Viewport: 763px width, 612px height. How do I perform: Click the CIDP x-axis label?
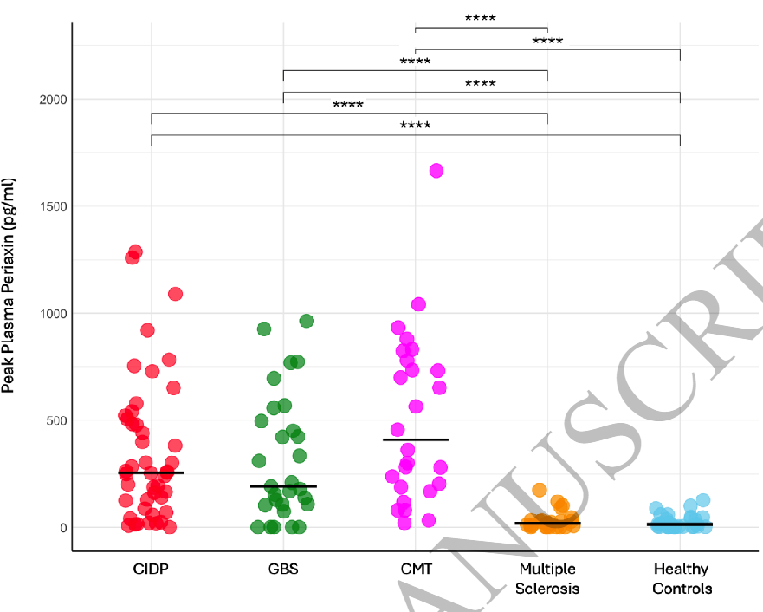(152, 570)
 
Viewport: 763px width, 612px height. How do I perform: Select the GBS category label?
(283, 570)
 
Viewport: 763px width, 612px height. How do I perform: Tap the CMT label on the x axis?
(416, 570)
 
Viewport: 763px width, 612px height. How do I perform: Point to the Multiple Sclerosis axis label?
(548, 578)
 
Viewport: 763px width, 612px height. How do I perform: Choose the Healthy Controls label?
(681, 578)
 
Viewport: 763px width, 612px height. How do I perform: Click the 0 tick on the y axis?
(61, 527)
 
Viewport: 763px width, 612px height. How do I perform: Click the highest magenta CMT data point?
(436, 171)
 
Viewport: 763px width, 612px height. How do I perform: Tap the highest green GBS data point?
(306, 321)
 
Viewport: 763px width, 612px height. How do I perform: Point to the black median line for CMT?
(416, 439)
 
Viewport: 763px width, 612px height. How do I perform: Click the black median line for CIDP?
(152, 472)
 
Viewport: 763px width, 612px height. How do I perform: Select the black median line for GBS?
(283, 486)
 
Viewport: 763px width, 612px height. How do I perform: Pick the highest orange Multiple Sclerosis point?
(540, 490)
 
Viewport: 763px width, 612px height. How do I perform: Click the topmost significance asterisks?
(481, 17)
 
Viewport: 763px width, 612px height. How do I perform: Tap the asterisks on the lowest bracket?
(416, 126)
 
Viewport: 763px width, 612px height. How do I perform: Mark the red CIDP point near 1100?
(175, 294)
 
